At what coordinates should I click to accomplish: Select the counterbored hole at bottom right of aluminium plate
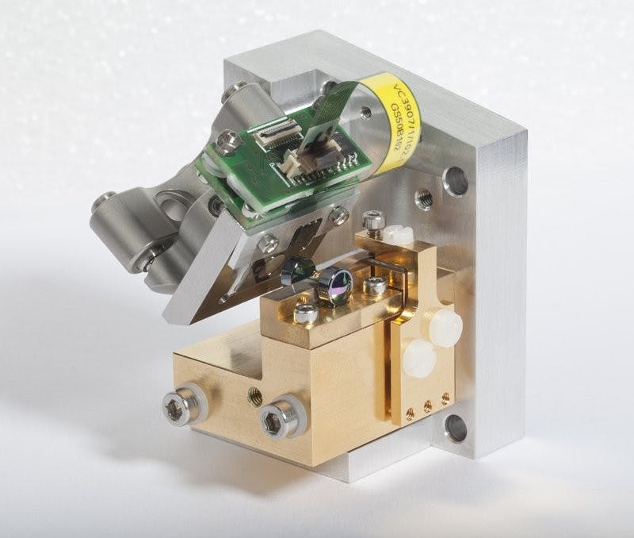[456, 428]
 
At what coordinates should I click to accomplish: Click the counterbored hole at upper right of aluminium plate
[456, 182]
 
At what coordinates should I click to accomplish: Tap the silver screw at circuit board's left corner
[228, 144]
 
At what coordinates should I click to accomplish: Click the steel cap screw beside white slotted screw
[369, 217]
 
